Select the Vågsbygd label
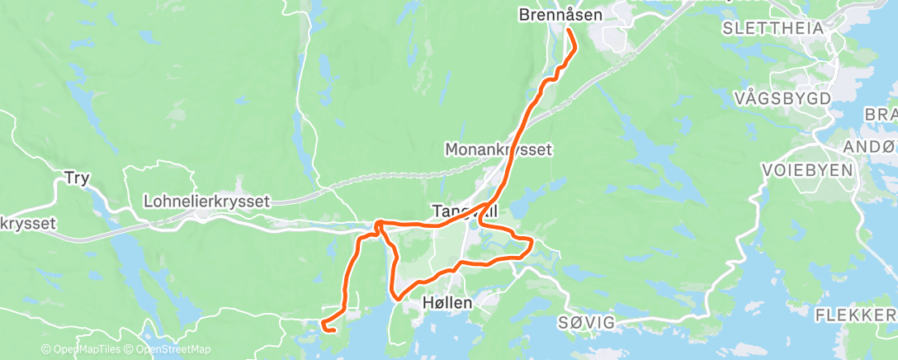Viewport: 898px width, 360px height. click(x=781, y=97)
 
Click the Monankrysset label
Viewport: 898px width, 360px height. click(x=498, y=150)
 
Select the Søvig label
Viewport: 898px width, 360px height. click(x=586, y=322)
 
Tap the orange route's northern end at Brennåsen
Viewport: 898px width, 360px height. click(x=570, y=31)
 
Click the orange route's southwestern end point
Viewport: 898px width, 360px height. click(x=332, y=331)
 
